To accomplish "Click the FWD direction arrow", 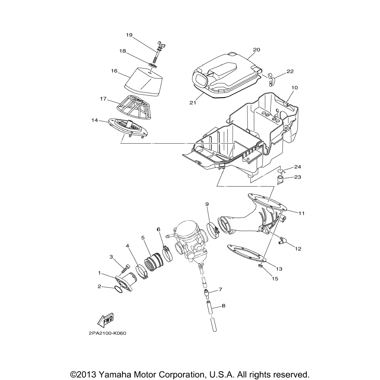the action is [105, 320].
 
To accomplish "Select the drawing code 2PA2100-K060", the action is [107, 333].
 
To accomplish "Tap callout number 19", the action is [129, 35].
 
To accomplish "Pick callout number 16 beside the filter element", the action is [114, 71].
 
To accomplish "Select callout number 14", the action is [94, 120].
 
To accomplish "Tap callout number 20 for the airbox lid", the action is [257, 50].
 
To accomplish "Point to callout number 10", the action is [295, 88].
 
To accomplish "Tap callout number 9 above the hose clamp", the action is [207, 204].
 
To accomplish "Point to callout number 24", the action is [298, 167].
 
